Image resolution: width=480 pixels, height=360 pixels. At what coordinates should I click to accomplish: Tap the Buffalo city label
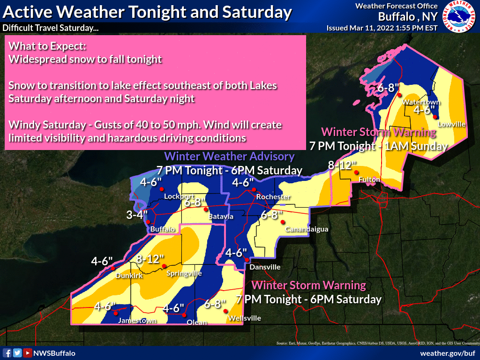click(x=163, y=229)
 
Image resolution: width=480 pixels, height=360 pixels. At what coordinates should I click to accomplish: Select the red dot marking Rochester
click(x=254, y=189)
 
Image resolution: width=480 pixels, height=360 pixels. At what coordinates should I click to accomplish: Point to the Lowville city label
click(x=451, y=124)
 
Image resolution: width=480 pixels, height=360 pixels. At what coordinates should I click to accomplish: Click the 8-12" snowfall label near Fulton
click(x=342, y=165)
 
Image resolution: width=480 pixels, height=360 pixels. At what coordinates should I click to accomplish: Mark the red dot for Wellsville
click(x=225, y=311)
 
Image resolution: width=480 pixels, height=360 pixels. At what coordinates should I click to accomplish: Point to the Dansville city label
click(x=265, y=267)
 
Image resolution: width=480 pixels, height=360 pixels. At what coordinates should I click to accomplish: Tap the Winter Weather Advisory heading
click(x=229, y=157)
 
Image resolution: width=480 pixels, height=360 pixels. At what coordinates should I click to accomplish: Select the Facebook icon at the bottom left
click(x=7, y=353)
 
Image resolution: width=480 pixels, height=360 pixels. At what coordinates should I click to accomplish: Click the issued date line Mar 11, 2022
click(x=382, y=28)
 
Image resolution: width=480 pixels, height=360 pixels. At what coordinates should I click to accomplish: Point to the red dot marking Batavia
click(x=205, y=210)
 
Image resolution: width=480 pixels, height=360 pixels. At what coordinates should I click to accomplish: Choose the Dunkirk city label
click(x=129, y=276)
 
